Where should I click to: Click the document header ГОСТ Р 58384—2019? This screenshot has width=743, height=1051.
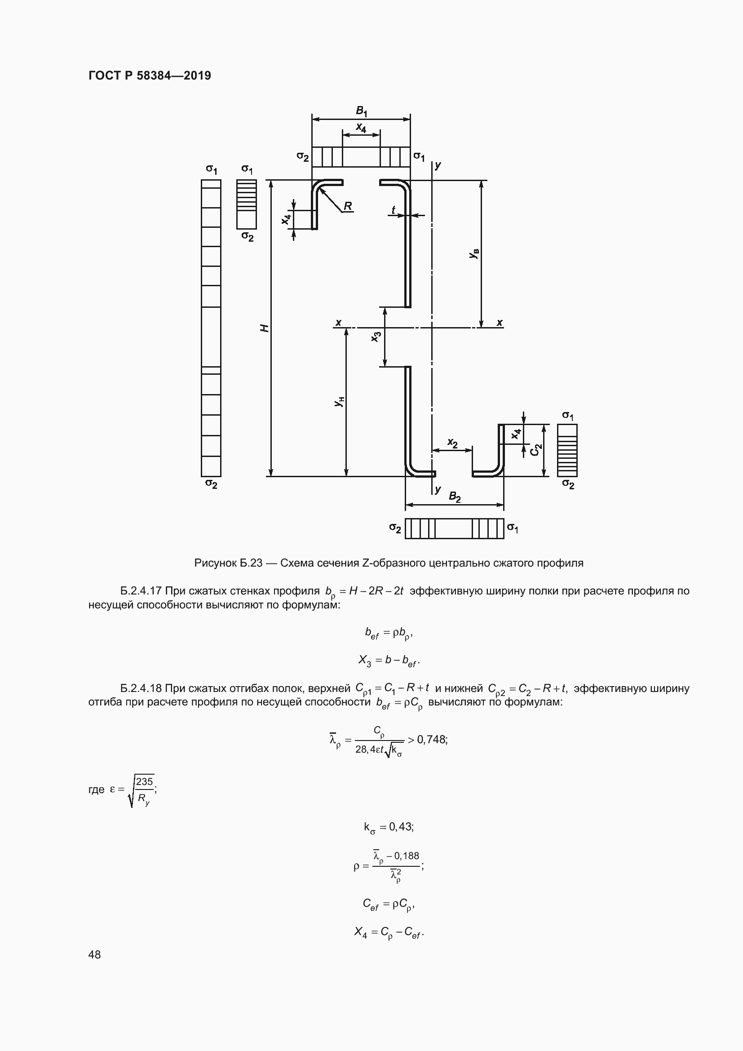pos(150,75)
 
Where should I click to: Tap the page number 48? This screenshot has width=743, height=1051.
pos(94,954)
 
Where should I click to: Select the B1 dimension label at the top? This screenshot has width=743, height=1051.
pos(362,111)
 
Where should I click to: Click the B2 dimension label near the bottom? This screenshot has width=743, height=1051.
pos(454,497)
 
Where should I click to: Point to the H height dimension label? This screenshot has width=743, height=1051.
pos(264,328)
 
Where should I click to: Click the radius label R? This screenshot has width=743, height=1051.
pos(348,206)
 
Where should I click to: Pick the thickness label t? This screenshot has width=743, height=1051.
pos(393,210)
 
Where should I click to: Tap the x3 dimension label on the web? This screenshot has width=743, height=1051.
pos(376,337)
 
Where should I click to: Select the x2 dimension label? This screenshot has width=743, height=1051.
pos(452,443)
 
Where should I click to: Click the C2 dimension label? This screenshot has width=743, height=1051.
pos(535,449)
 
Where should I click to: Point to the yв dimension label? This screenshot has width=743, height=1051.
pos(474,253)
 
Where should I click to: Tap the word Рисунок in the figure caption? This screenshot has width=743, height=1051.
pos(215,563)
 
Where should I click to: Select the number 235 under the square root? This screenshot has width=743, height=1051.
pos(144,781)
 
